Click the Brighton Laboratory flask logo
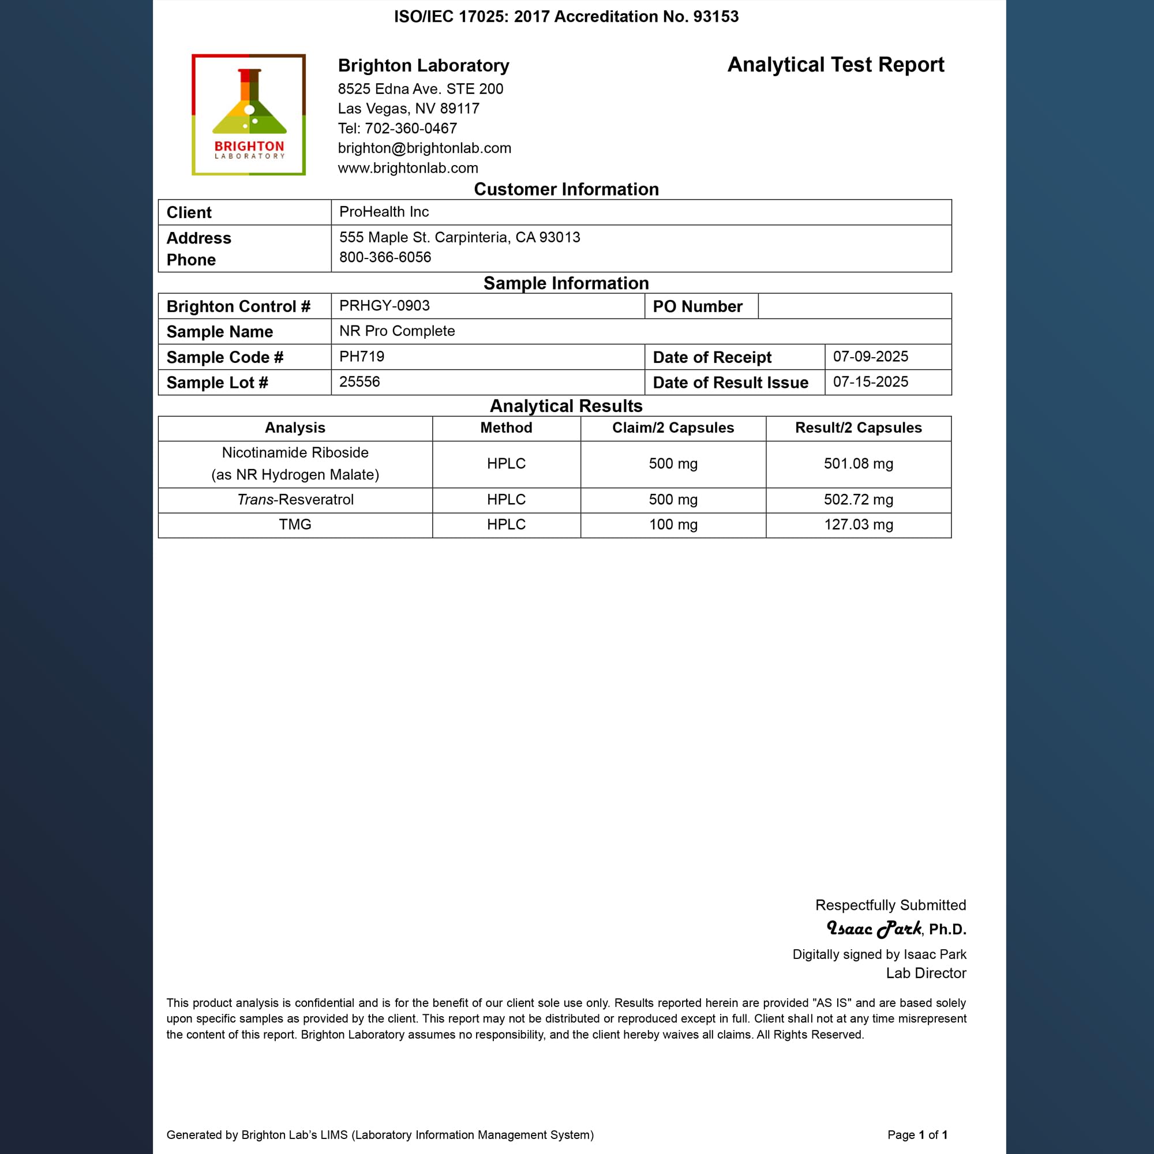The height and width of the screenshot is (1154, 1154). pyautogui.click(x=249, y=115)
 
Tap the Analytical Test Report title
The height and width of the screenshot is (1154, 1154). pyautogui.click(x=835, y=65)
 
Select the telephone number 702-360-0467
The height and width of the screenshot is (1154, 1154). pyautogui.click(x=411, y=129)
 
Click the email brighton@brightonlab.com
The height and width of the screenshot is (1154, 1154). pyautogui.click(x=424, y=148)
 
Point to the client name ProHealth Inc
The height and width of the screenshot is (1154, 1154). pyautogui.click(x=384, y=212)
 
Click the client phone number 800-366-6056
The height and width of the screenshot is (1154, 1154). pyautogui.click(x=385, y=257)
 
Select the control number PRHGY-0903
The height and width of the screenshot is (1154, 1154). pyautogui.click(x=384, y=306)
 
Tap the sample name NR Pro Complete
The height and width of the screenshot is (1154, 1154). pyautogui.click(x=396, y=331)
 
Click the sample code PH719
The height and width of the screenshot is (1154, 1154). pyautogui.click(x=361, y=357)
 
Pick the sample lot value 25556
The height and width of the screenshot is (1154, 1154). pyautogui.click(x=359, y=381)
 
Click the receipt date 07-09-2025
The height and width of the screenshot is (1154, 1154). pyautogui.click(x=870, y=357)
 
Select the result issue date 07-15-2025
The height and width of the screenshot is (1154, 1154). pyautogui.click(x=870, y=381)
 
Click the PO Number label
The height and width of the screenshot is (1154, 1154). pyautogui.click(x=697, y=306)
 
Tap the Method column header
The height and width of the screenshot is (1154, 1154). pyautogui.click(x=506, y=428)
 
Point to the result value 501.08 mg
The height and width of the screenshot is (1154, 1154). pyautogui.click(x=859, y=463)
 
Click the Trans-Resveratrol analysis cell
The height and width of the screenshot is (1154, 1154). pyautogui.click(x=295, y=499)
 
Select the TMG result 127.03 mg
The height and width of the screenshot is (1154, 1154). pyautogui.click(x=859, y=524)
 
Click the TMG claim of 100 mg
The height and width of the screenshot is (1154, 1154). pyautogui.click(x=673, y=524)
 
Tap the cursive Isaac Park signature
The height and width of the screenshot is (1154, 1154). pyautogui.click(x=874, y=928)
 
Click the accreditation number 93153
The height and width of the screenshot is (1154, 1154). pyautogui.click(x=715, y=17)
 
